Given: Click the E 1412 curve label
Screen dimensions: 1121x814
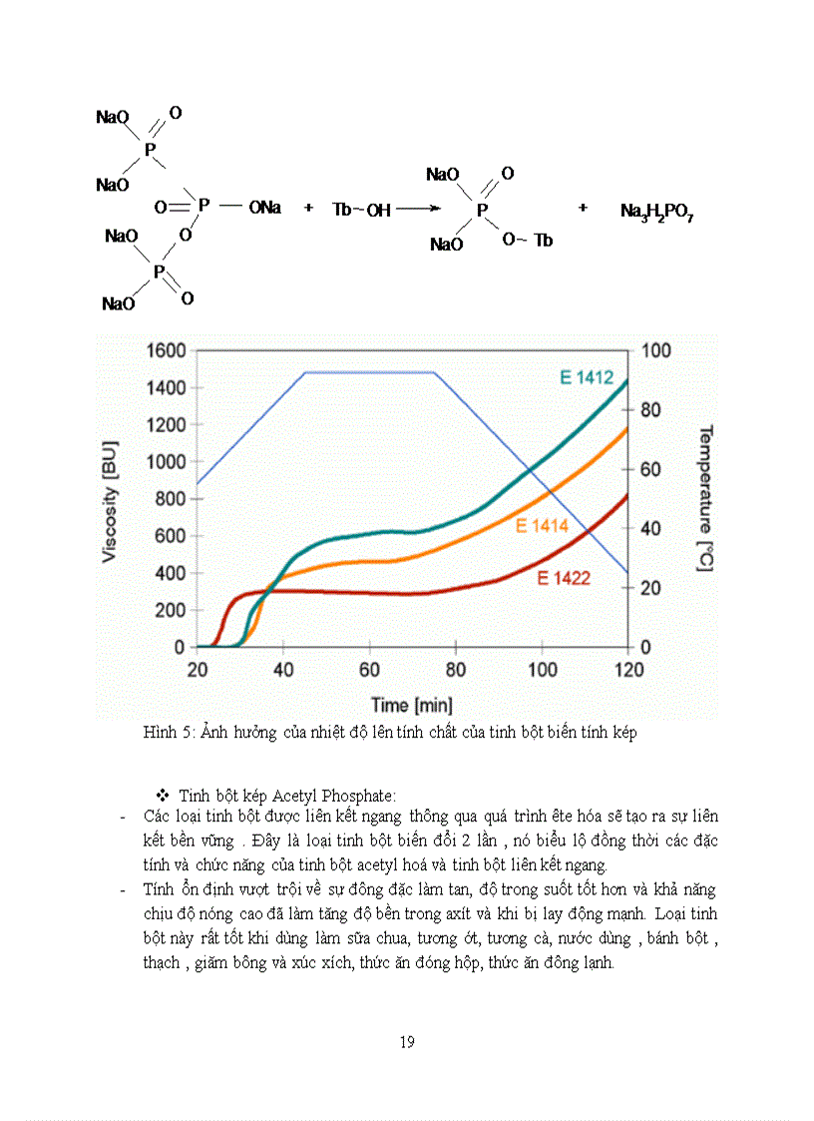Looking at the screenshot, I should point(586,377).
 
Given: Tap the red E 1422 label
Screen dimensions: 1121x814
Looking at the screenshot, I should point(564,577).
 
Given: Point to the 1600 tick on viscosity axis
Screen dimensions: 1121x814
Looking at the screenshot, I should point(166,350).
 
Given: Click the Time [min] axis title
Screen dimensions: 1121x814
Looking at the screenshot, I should point(412,705).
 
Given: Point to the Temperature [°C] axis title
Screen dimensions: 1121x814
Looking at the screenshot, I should point(704,498).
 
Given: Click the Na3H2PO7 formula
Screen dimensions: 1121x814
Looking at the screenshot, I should point(657,212).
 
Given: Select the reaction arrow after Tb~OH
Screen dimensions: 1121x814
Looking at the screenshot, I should point(417,210).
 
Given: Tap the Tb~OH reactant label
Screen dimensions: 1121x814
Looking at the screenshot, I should point(361,210).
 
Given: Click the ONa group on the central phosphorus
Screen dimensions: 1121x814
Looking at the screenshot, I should point(265,208).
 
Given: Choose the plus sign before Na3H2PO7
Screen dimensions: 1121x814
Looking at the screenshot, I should point(584,209).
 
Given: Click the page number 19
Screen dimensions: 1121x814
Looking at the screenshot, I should point(407,1043).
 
